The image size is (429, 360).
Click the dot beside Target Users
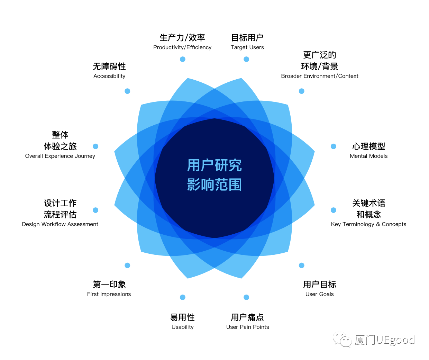(246, 59)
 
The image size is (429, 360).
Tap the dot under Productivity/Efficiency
(183, 59)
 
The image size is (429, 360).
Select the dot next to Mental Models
(334, 146)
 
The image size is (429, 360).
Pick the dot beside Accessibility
(127, 91)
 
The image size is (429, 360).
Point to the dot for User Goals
(302, 265)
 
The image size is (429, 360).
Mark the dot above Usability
(183, 297)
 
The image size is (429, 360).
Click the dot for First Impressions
(127, 265)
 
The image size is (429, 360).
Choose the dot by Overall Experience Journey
(95, 146)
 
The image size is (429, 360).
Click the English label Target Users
(247, 47)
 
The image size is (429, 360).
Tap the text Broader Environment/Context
(320, 76)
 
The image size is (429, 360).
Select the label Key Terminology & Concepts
(368, 224)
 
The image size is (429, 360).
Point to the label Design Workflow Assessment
(60, 224)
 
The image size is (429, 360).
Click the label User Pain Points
(247, 327)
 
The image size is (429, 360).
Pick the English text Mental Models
(368, 156)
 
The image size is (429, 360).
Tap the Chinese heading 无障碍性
(109, 66)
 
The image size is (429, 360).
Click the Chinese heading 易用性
(183, 317)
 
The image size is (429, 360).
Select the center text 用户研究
(214, 165)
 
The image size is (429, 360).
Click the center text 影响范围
(214, 185)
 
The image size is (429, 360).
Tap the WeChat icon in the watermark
(342, 340)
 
